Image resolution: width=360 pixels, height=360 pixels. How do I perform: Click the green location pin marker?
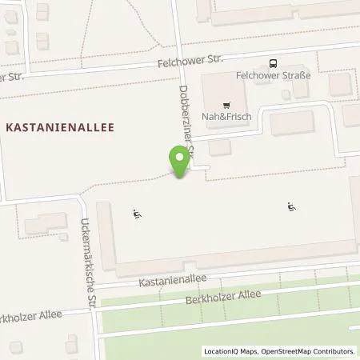pos(180,160)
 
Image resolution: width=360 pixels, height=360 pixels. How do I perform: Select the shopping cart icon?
pos(227,104)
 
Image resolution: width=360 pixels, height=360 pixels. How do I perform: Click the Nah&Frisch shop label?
pos(227,117)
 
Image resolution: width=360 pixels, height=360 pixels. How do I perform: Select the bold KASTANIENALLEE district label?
pos(61,126)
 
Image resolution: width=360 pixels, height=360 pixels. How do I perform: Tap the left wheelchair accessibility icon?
pos(137,214)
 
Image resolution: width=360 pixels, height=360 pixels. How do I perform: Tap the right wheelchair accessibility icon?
pos(292,208)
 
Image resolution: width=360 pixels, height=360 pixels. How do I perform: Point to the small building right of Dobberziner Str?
pos(218,147)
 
